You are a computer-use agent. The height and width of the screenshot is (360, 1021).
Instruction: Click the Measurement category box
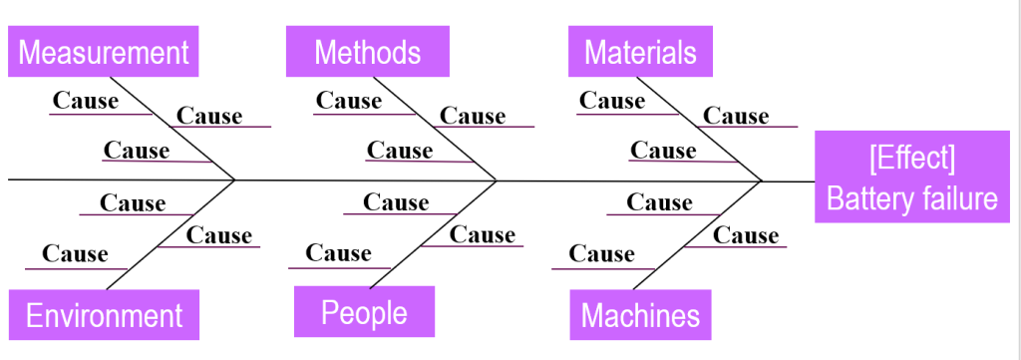pyautogui.click(x=104, y=52)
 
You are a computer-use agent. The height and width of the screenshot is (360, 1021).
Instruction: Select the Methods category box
pyautogui.click(x=367, y=52)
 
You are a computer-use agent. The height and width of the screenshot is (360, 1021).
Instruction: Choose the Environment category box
pyautogui.click(x=104, y=316)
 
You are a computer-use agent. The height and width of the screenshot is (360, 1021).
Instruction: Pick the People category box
pyautogui.click(x=364, y=312)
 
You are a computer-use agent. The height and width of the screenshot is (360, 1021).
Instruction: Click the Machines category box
pyautogui.click(x=640, y=316)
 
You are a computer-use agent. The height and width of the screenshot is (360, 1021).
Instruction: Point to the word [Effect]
pyautogui.click(x=911, y=159)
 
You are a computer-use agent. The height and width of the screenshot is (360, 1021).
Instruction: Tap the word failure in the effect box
pyautogui.click(x=958, y=198)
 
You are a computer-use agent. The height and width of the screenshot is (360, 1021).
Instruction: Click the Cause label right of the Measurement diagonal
pyautogui.click(x=209, y=116)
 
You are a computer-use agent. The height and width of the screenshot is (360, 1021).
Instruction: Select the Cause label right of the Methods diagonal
pyautogui.click(x=473, y=116)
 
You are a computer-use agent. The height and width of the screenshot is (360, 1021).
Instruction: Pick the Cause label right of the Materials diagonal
pyautogui.click(x=736, y=116)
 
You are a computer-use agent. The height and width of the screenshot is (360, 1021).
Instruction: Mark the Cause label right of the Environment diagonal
pyautogui.click(x=219, y=235)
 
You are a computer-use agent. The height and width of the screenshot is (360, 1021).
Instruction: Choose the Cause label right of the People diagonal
pyautogui.click(x=483, y=235)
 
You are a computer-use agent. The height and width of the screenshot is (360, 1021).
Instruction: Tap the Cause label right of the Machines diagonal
pyautogui.click(x=746, y=235)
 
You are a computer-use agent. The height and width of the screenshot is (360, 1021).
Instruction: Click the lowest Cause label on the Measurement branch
pyautogui.click(x=137, y=151)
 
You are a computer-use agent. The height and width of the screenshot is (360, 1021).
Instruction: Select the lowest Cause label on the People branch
pyautogui.click(x=338, y=253)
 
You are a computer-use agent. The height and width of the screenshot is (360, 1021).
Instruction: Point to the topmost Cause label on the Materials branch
pyautogui.click(x=612, y=100)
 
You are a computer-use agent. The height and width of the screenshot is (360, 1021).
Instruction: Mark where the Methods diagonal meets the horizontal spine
pyautogui.click(x=497, y=180)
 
